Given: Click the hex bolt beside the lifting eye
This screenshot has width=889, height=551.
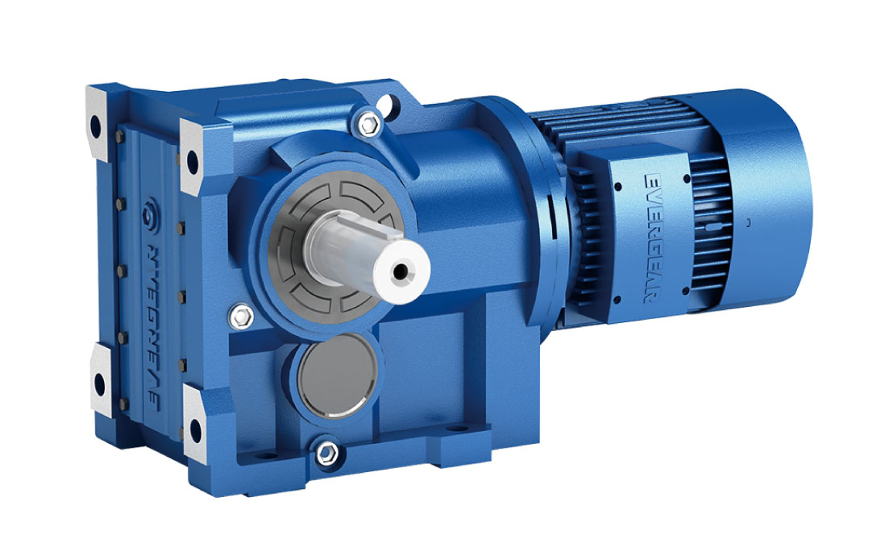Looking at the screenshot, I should click(369, 123).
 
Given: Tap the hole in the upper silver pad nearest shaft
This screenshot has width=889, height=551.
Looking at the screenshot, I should click(193, 159).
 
